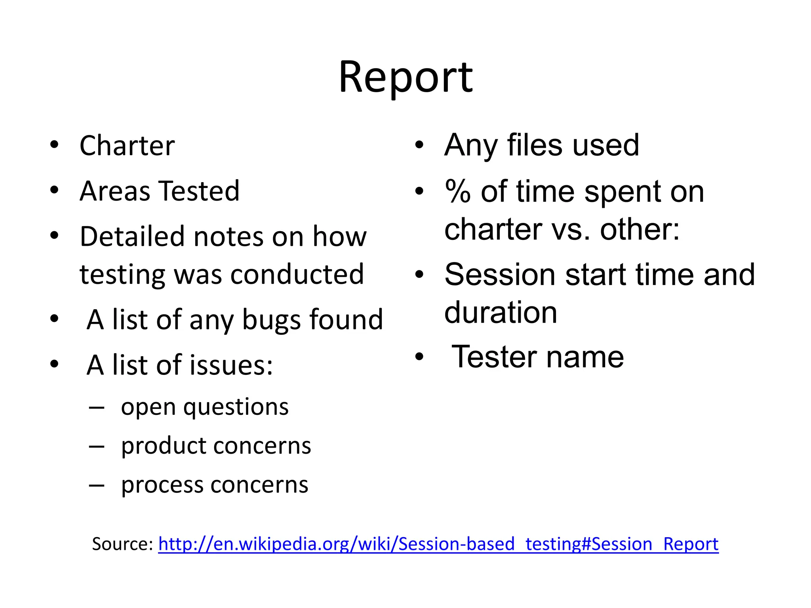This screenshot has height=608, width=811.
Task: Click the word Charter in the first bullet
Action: coord(127,146)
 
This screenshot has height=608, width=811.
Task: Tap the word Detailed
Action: coord(133,237)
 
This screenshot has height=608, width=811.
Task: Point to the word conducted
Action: coord(297,274)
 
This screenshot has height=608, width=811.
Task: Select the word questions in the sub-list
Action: coord(236,407)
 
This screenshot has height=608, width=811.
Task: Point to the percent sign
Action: coord(458,192)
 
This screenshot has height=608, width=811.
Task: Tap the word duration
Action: coord(501,313)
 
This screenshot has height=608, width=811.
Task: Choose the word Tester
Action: coord(493,357)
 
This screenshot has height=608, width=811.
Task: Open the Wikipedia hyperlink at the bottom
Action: coord(438,544)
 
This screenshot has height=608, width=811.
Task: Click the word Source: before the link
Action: coord(122,544)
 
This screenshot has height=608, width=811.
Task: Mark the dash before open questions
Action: coord(97,407)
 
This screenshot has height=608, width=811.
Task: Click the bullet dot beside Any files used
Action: coord(419,145)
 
